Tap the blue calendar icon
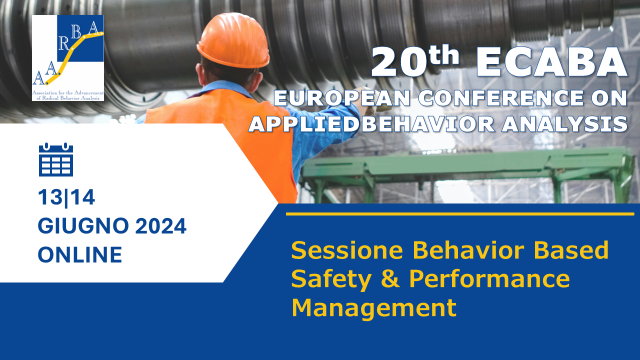56,159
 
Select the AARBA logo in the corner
68,58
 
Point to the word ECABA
551,62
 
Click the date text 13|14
66,197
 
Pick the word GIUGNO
83,225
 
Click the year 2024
161,225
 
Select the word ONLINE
80,254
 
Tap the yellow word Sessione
347,250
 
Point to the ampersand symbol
390,278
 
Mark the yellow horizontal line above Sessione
460,214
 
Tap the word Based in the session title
571,250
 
